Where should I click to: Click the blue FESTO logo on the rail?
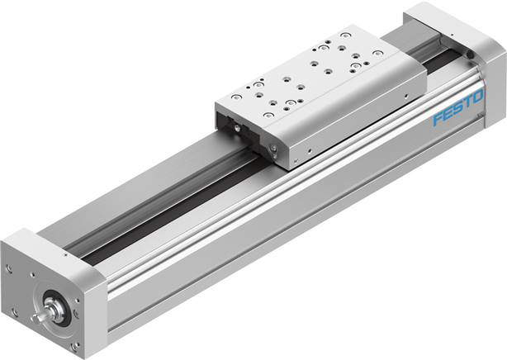pyautogui.click(x=457, y=111)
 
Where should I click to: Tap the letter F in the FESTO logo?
pyautogui.click(x=438, y=121)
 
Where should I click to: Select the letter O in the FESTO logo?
pyautogui.click(x=476, y=102)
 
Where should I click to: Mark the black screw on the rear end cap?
pyautogui.click(x=470, y=54)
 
